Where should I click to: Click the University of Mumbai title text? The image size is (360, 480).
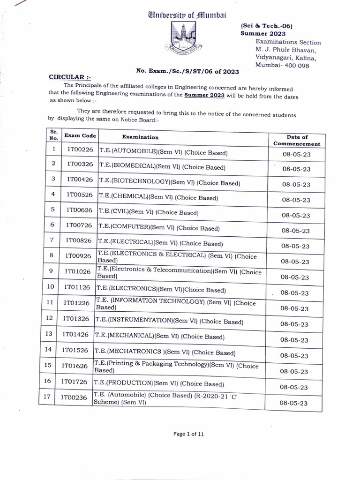[187, 15]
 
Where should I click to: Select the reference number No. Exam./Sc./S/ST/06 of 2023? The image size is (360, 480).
[188, 71]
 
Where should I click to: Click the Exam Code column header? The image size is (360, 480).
[80, 135]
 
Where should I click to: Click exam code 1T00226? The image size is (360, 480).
[80, 150]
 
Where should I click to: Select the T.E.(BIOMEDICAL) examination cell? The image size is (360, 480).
[162, 167]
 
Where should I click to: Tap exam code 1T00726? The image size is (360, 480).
[79, 225]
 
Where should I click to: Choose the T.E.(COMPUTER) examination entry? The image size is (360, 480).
[159, 228]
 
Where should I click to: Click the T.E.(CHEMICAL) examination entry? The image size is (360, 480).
[158, 197]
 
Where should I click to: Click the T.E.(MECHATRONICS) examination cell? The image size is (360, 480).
[165, 352]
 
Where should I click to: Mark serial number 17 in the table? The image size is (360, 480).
[47, 396]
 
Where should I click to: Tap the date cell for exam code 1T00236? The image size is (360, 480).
[293, 403]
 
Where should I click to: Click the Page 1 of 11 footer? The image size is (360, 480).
[189, 434]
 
